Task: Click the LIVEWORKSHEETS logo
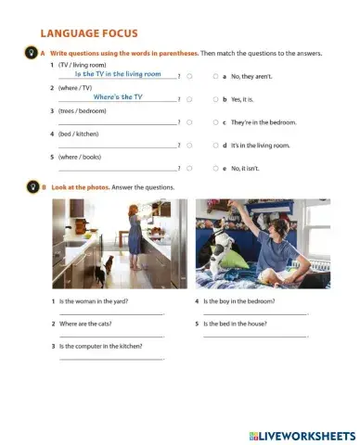[x=302, y=435]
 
